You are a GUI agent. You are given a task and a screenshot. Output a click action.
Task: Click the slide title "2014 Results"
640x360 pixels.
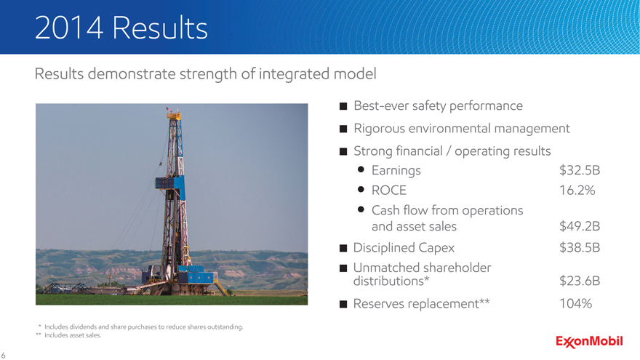point(121,28)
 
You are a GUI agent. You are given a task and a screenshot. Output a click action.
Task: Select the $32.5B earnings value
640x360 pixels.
point(580,170)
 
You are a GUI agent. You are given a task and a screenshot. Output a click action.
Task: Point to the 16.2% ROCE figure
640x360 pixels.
point(577,191)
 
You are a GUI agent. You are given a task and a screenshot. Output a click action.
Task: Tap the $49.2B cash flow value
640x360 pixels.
point(580,226)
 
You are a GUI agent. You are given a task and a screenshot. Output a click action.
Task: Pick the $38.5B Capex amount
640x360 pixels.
point(580,247)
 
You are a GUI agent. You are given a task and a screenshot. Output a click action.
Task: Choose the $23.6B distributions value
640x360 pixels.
point(580,281)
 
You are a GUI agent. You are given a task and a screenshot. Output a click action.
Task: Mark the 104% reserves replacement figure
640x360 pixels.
point(575,303)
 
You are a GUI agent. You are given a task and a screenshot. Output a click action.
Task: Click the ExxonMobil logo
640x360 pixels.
point(589,341)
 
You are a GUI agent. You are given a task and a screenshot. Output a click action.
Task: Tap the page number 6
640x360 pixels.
point(3,356)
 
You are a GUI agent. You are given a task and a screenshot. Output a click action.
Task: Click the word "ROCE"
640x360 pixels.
point(389,191)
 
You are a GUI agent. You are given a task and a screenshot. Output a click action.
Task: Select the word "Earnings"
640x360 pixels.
point(396,171)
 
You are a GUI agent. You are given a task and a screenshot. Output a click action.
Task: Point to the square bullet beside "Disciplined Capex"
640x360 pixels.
point(343,248)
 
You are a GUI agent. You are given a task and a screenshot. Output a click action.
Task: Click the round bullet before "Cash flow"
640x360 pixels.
point(361,209)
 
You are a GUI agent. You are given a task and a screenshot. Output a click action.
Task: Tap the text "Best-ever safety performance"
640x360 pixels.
point(438,105)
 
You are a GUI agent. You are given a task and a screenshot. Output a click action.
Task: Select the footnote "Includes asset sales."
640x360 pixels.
point(73,335)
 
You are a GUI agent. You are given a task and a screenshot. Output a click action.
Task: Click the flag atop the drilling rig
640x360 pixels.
point(169,109)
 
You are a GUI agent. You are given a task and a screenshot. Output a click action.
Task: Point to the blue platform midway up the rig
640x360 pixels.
point(169,183)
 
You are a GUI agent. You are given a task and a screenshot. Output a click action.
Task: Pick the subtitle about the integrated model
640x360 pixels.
point(205,74)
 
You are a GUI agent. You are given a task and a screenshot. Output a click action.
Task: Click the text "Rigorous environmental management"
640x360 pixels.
point(462,129)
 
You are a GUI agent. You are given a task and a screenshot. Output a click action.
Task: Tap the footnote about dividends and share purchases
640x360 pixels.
point(144,327)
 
